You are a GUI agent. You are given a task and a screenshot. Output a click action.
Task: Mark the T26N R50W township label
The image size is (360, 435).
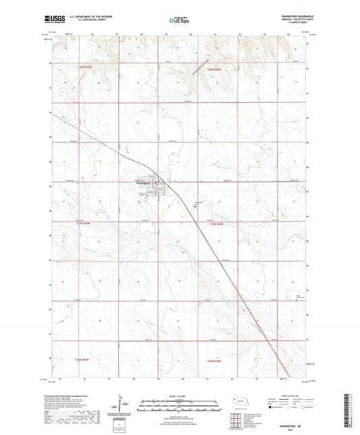click(80, 361)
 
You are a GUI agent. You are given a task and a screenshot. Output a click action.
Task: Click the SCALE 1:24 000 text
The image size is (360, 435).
click(180, 396)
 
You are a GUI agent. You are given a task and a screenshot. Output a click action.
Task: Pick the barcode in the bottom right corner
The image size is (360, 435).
click(352, 409)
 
